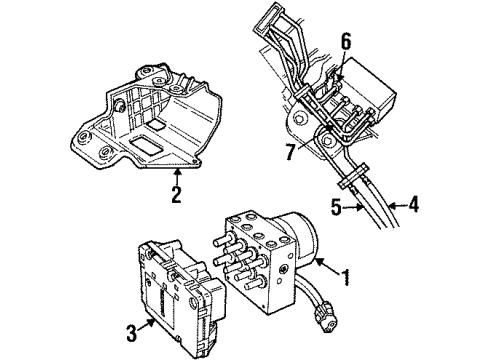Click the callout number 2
[x=175, y=194]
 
